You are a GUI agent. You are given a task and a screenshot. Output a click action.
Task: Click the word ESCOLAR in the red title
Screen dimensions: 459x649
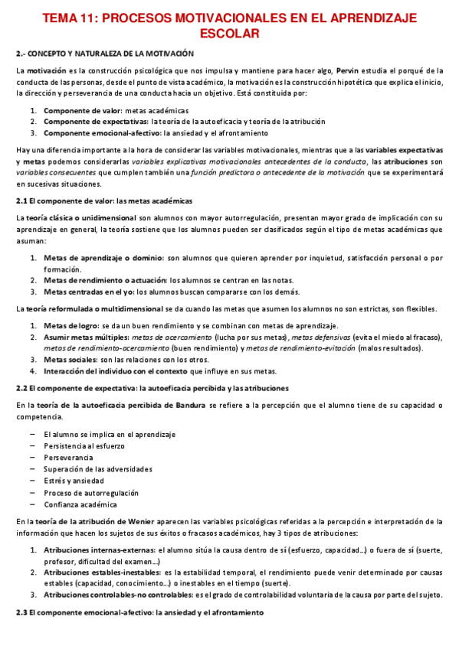pos(229,34)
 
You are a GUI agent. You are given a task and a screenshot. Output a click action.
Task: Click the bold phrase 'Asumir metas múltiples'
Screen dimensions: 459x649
pos(85,337)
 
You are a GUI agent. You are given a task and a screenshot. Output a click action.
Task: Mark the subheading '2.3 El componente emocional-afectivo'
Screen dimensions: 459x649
pos(140,612)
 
